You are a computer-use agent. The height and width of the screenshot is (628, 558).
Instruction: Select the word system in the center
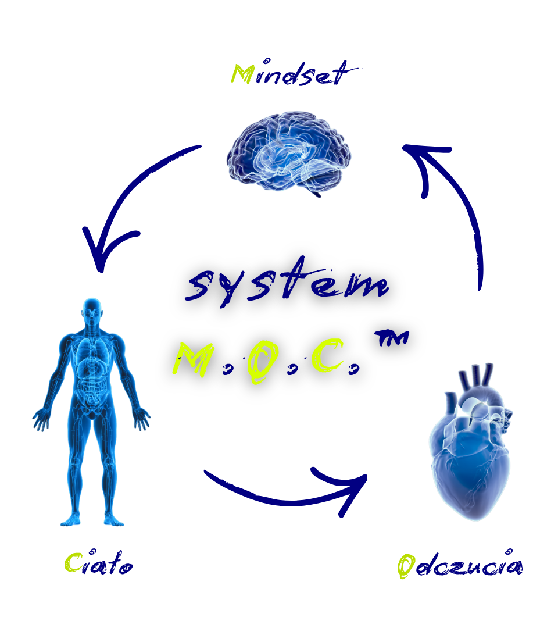(x=289, y=285)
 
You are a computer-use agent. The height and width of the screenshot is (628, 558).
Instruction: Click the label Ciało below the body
(x=99, y=563)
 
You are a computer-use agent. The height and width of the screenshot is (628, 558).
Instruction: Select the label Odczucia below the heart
(x=459, y=566)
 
